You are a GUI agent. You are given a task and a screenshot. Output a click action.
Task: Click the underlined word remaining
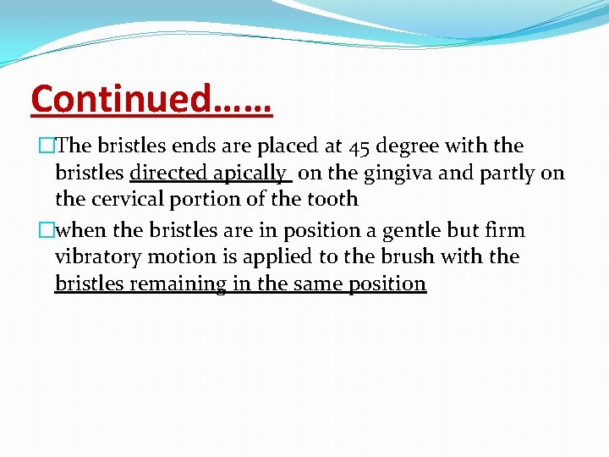(178, 284)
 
